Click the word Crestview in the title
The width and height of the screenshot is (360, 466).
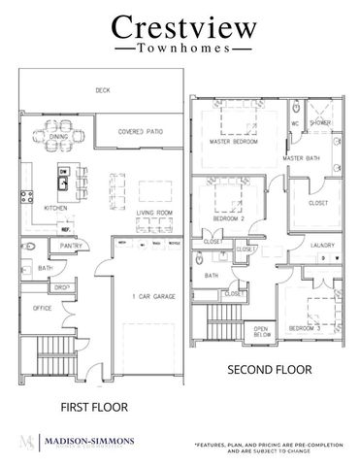180,26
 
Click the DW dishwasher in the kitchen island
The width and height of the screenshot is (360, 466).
62,172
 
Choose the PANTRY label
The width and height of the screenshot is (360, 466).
69,247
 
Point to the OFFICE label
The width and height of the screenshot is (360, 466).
42,308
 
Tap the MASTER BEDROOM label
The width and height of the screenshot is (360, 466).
233,142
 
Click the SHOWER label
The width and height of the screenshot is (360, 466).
320,123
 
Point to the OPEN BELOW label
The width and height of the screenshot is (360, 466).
262,332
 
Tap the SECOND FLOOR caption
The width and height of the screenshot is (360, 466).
269,369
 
